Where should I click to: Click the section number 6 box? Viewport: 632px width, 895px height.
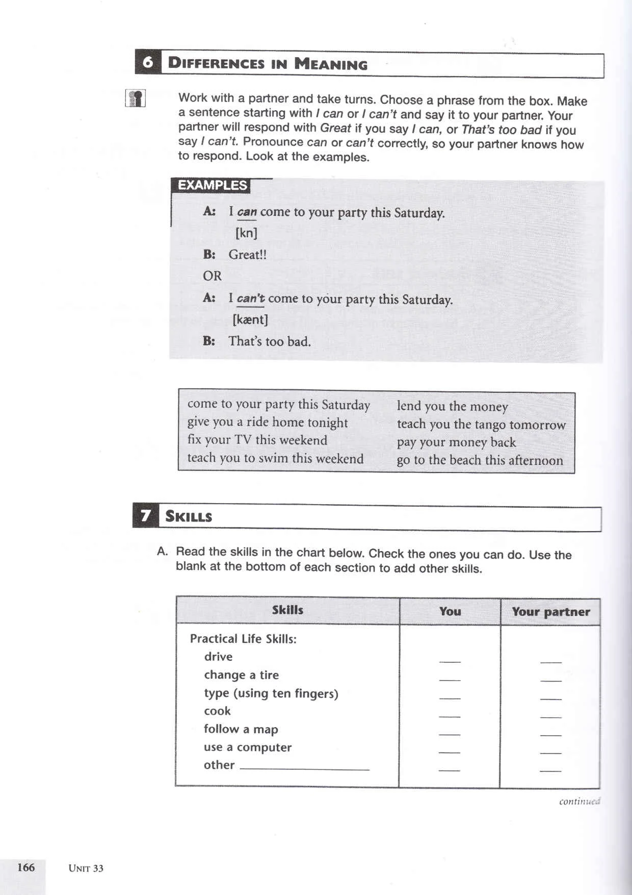(148, 62)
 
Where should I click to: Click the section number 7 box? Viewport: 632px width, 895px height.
(145, 516)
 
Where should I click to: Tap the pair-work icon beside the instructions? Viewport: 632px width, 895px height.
(136, 98)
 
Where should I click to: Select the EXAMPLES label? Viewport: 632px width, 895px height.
(212, 185)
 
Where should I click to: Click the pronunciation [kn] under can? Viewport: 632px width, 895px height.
(246, 233)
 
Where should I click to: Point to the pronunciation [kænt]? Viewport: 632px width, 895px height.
(250, 320)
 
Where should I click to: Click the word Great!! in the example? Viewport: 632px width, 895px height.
(247, 255)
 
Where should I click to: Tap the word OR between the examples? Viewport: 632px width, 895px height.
(212, 276)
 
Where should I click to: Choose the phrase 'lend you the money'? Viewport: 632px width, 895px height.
(452, 406)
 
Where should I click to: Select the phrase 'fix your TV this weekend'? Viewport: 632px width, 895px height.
(257, 440)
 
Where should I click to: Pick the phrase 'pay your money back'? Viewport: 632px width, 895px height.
(456, 442)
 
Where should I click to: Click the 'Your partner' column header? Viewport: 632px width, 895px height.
(550, 612)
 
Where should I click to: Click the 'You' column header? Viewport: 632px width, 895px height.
(450, 611)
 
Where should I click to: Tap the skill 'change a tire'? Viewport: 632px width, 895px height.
(241, 675)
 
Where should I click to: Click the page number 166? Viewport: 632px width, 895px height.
(26, 867)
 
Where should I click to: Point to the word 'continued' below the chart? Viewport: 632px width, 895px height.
(579, 801)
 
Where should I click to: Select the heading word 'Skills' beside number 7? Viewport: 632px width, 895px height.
(189, 516)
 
